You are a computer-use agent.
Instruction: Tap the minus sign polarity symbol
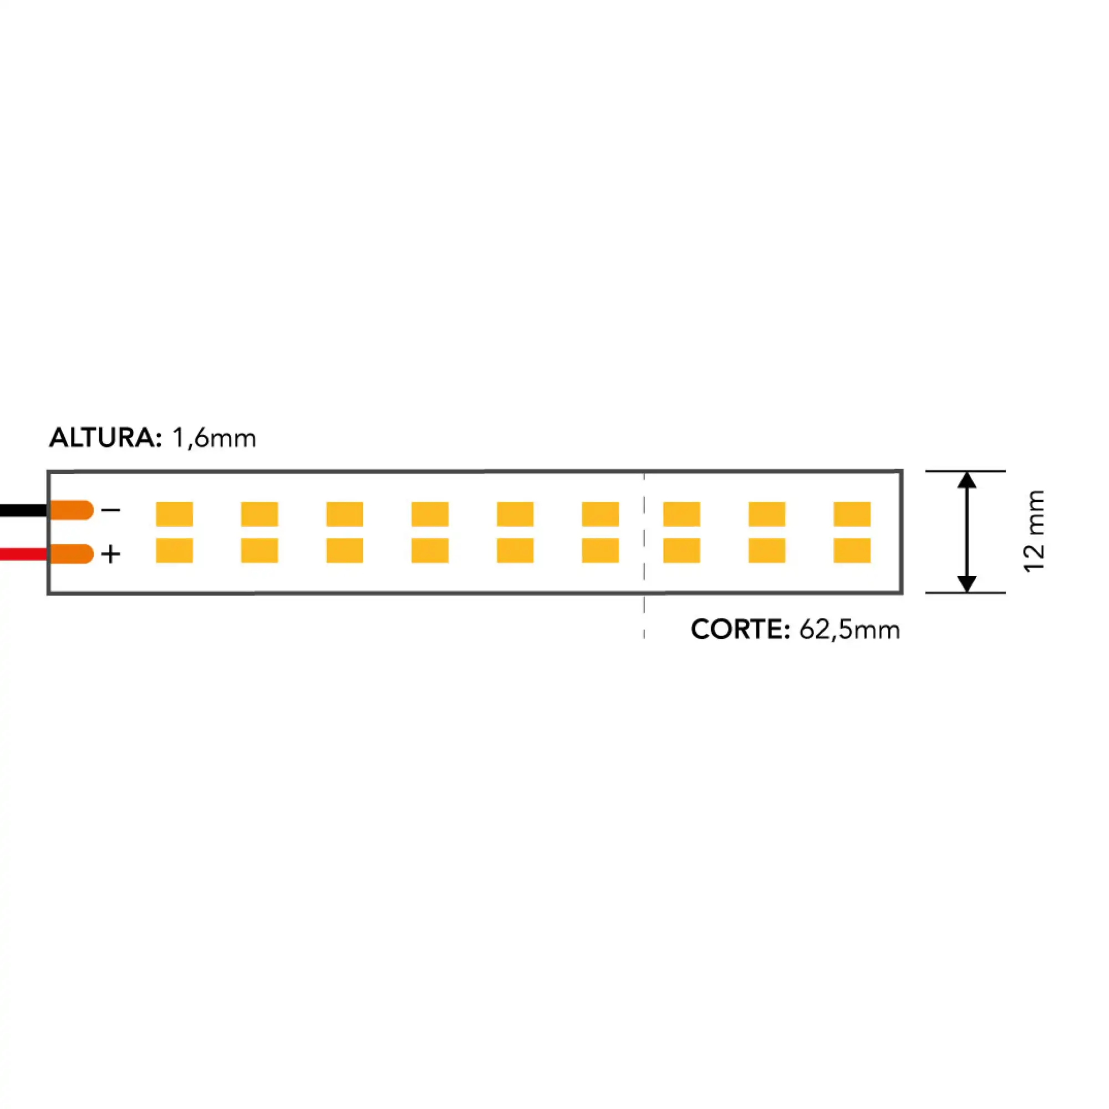[111, 510]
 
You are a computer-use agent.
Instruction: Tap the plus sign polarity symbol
[111, 554]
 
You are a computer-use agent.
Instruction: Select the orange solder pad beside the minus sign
[72, 510]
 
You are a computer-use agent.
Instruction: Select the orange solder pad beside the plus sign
[72, 554]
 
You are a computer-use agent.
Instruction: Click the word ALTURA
[105, 438]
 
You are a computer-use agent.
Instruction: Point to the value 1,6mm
[213, 439]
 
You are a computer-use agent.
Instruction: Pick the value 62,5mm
[849, 630]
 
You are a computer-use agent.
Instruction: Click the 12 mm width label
[1034, 531]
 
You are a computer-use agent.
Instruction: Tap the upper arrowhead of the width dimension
[967, 480]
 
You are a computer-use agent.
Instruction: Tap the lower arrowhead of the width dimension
[967, 583]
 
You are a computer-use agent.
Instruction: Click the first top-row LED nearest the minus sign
[175, 514]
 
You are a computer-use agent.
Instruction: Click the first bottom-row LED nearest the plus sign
[175, 551]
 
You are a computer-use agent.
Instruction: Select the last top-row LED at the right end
[852, 514]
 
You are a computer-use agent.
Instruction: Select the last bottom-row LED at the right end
[852, 551]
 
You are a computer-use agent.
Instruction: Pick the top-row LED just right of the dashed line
[682, 514]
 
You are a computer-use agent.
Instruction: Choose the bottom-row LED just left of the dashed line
[601, 551]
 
